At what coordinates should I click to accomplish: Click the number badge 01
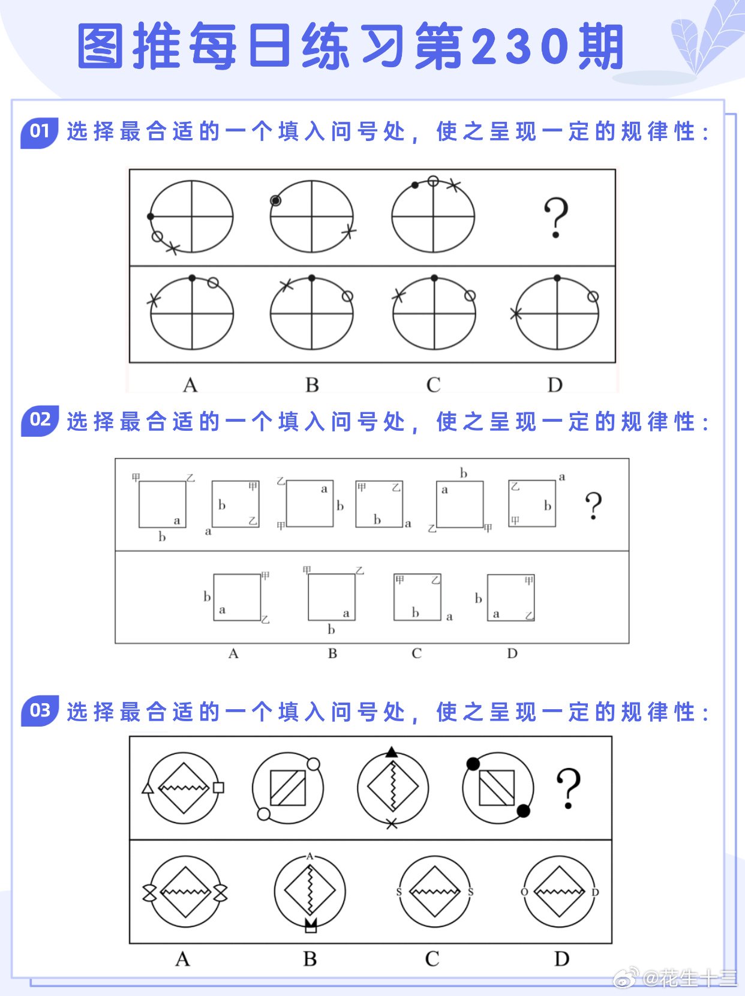tap(40, 131)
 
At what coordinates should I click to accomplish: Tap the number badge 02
tap(40, 420)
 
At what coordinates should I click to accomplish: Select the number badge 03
tap(40, 710)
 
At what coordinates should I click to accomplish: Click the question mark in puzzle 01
tap(555, 217)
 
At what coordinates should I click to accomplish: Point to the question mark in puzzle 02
tap(593, 505)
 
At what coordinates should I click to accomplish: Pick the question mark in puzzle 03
tap(568, 788)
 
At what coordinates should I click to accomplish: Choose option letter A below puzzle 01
tap(190, 385)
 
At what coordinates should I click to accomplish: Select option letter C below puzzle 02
tap(416, 653)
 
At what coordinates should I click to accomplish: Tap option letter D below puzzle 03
tap(561, 959)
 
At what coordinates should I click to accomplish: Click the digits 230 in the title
tap(519, 46)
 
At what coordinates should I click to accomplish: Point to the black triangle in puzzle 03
tap(392, 752)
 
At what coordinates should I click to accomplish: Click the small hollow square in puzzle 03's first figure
tap(218, 787)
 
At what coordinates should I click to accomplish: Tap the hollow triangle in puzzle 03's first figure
tap(148, 788)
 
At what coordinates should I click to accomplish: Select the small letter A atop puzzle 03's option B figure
tap(310, 856)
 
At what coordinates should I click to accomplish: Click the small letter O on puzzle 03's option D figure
tap(524, 892)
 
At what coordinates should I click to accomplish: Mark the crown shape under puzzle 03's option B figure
tap(310, 926)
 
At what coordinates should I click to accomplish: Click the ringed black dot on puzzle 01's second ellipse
tap(275, 200)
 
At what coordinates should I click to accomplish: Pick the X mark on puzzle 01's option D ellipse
tap(515, 313)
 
